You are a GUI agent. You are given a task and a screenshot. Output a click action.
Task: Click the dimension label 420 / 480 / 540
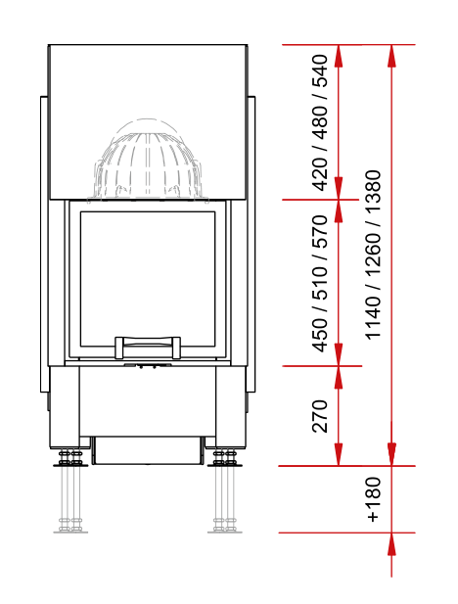click(320, 123)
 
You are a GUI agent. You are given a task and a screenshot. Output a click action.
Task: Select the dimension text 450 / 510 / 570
click(320, 284)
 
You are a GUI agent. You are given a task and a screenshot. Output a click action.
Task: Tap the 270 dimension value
click(320, 416)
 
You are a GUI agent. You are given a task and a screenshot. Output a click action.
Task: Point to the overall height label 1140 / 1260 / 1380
click(373, 255)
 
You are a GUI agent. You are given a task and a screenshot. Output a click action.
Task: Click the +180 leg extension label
click(373, 499)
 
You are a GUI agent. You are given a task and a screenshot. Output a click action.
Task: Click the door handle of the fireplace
click(148, 347)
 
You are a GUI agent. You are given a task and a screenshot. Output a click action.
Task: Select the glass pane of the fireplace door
click(148, 279)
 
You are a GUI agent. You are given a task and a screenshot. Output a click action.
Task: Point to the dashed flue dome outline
click(148, 160)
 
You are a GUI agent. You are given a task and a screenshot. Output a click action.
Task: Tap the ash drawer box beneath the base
click(148, 450)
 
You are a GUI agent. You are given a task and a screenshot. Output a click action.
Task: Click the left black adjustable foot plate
click(70, 465)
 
